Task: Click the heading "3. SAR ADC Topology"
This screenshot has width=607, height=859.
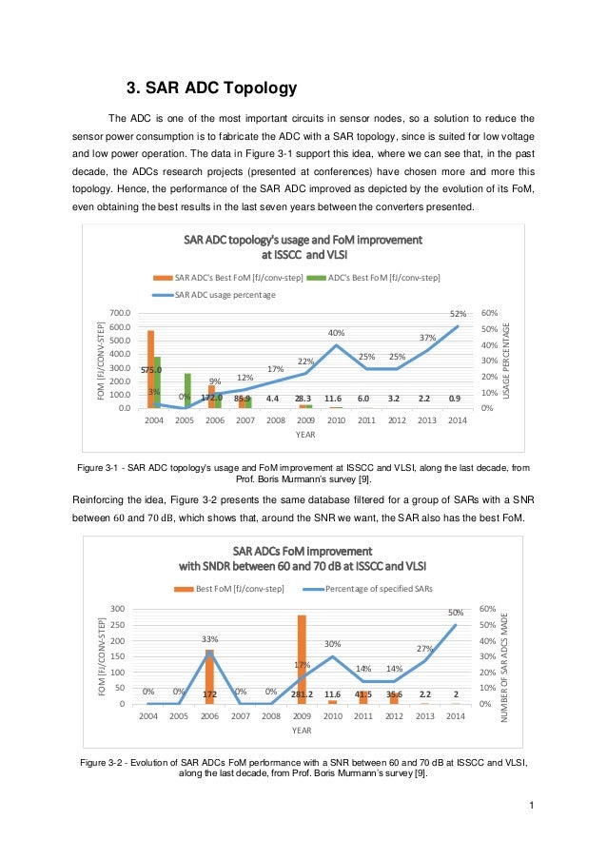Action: (x=212, y=89)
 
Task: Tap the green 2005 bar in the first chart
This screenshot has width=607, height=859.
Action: (x=188, y=390)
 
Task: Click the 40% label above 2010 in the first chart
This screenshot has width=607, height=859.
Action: (x=336, y=333)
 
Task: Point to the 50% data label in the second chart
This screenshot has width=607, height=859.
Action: (x=457, y=613)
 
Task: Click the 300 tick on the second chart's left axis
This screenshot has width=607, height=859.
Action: (x=119, y=609)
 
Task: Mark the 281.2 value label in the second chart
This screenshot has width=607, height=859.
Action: (x=302, y=695)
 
